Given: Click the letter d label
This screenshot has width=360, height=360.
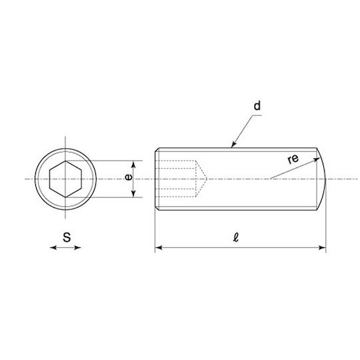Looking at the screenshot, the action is point(257,106).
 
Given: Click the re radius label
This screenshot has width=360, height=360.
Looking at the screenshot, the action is point(293,159).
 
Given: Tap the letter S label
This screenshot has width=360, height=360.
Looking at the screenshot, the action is point(67,237).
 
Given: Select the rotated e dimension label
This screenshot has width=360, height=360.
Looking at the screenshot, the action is point(129,177).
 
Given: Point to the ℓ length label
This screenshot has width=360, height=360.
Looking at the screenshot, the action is point(236,237).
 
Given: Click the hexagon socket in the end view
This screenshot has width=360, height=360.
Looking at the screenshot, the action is point(65,179).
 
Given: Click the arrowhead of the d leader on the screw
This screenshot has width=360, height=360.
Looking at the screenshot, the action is point(233,145).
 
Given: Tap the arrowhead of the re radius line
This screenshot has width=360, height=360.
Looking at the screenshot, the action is point(317,159).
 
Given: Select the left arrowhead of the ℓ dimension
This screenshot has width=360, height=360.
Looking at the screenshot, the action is point(159,247).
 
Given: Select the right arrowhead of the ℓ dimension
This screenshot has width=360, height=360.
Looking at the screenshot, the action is point(323,247).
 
